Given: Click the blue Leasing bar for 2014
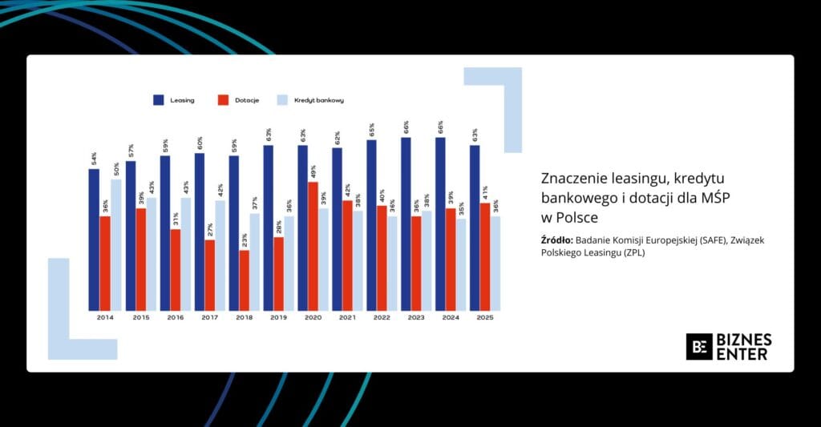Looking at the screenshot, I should [x=94, y=240].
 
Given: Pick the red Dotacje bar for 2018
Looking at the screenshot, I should [x=244, y=280].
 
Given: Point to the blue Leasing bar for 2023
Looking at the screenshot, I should [x=406, y=224].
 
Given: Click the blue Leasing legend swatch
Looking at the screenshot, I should [x=158, y=100].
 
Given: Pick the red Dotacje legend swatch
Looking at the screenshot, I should [x=223, y=100].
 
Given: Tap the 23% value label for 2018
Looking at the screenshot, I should [x=244, y=238].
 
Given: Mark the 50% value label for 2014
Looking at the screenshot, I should [x=116, y=167].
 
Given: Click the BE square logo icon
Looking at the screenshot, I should [x=699, y=346].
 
